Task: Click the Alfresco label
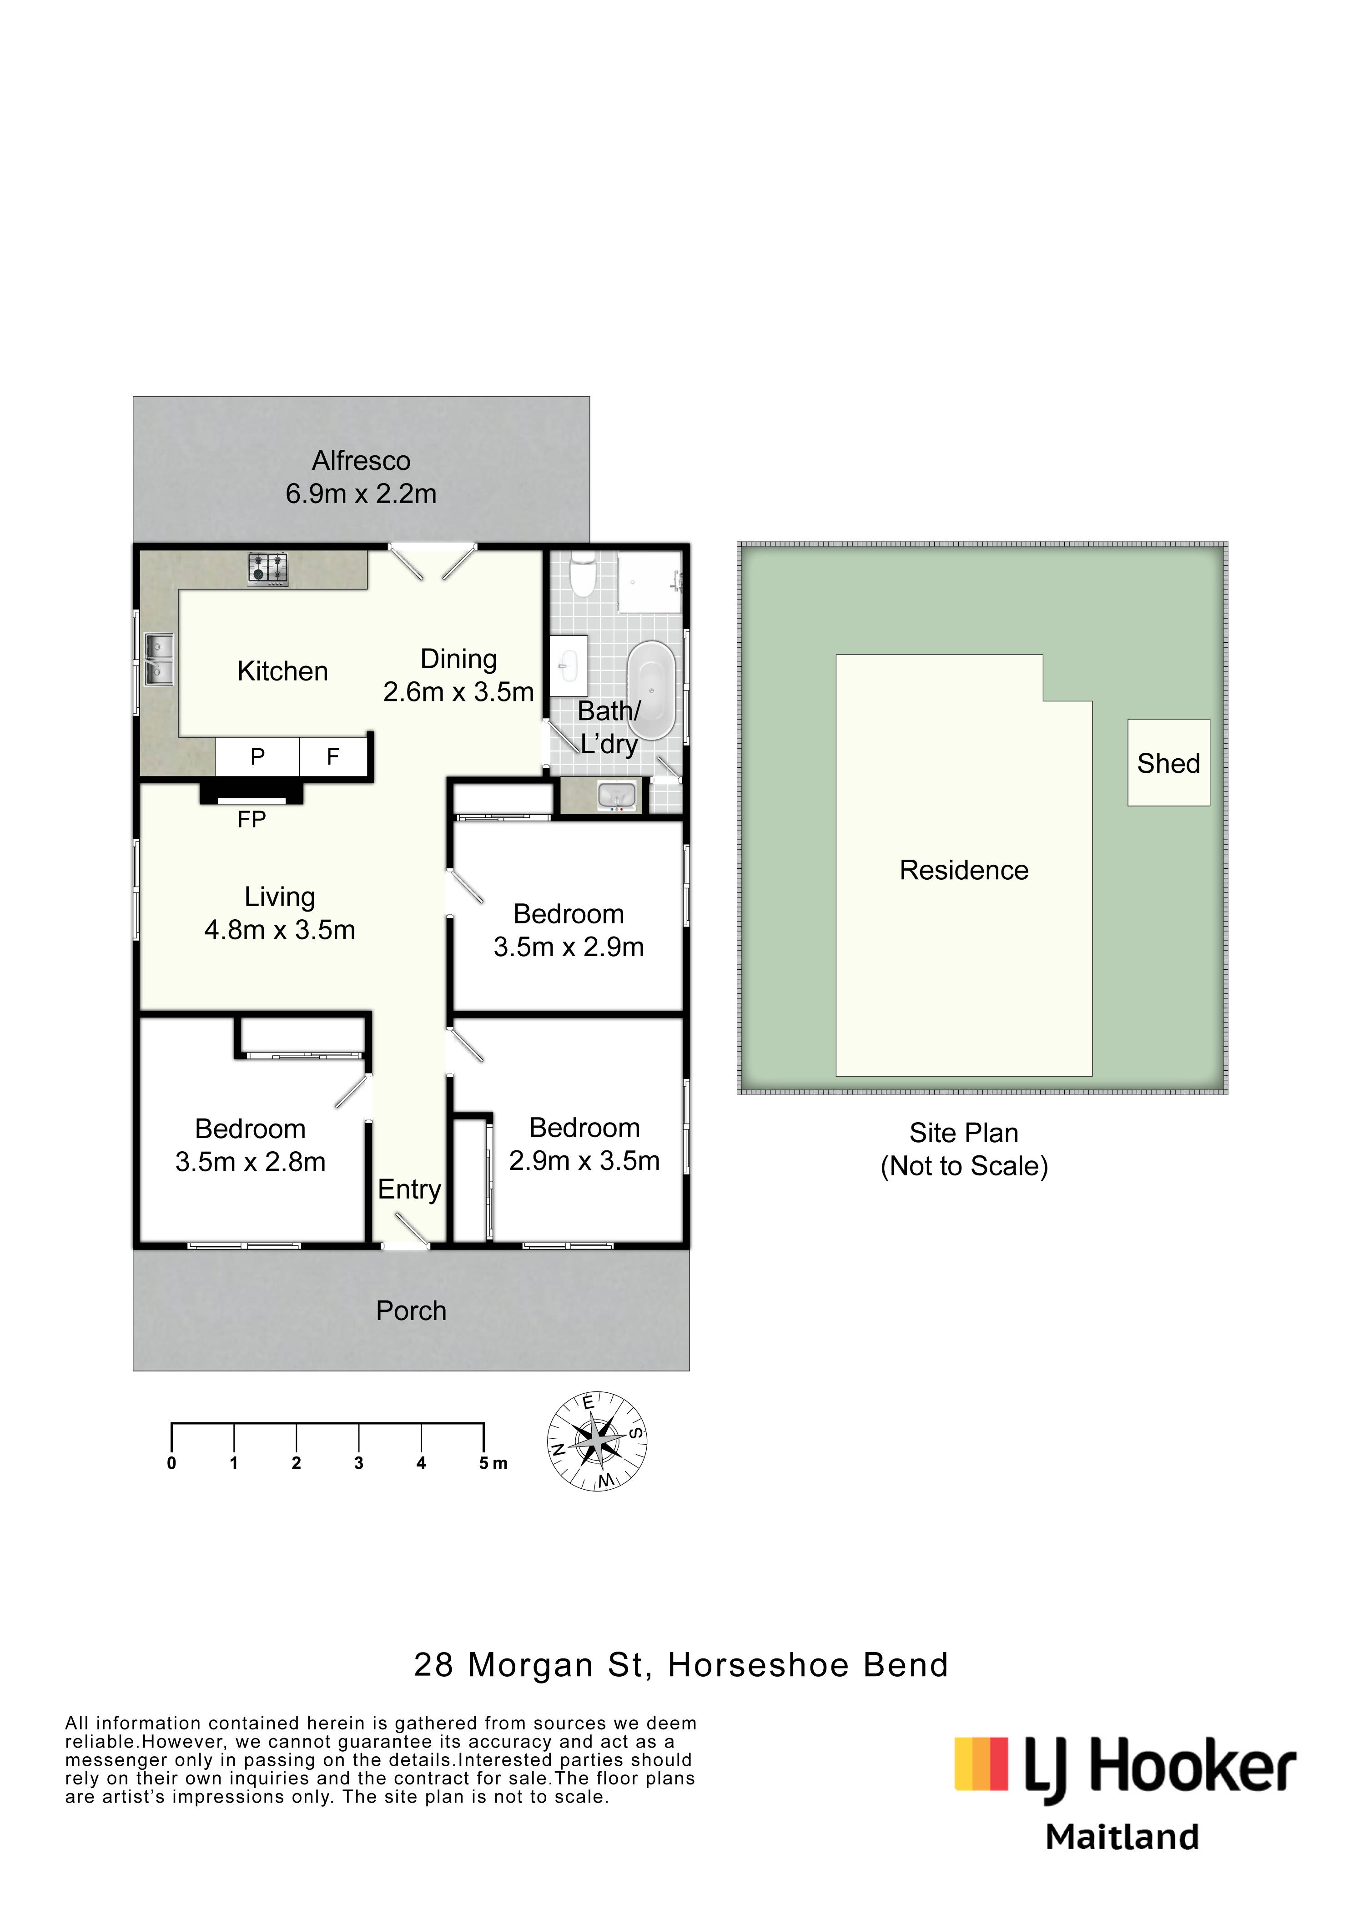click(362, 461)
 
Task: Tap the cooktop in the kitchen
click(268, 569)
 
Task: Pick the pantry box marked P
click(258, 756)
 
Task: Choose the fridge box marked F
click(333, 756)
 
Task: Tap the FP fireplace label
click(252, 820)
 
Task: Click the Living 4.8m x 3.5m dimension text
click(280, 930)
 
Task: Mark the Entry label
click(409, 1189)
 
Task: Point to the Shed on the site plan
click(1168, 762)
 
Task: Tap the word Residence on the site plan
click(964, 870)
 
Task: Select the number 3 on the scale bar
click(359, 1463)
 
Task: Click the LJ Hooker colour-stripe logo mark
click(981, 1764)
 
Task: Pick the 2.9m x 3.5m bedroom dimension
click(584, 1161)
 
